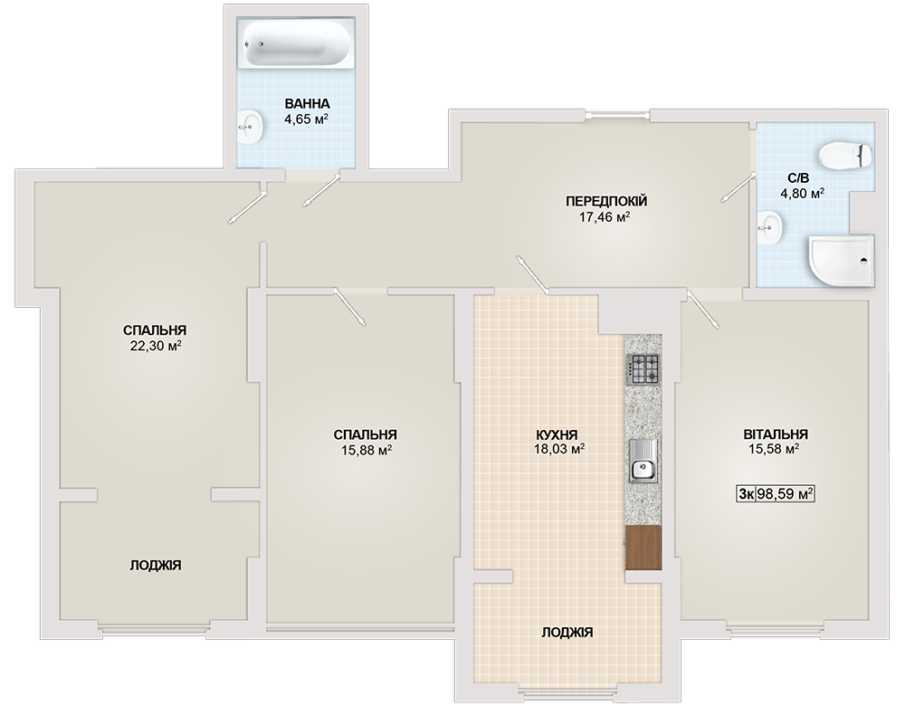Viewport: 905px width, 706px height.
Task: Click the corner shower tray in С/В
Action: click(842, 261)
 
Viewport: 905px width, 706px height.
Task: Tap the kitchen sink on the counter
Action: click(643, 460)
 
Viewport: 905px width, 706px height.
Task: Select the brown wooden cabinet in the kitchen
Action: click(643, 548)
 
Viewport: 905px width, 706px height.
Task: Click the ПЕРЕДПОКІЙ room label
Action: click(606, 202)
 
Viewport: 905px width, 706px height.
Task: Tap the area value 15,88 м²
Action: click(367, 449)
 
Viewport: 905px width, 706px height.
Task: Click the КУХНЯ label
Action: click(557, 434)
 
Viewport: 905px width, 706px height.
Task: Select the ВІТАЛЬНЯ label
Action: click(776, 434)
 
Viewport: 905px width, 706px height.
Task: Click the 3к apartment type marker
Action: click(746, 494)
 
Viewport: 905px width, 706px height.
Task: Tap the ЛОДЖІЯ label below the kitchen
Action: click(567, 633)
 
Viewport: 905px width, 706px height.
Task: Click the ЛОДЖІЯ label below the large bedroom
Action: click(156, 565)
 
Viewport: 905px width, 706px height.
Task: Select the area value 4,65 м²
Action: click(306, 119)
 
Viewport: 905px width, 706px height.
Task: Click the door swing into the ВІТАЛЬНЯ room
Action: click(702, 310)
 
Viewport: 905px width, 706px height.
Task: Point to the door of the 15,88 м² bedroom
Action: click(349, 307)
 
